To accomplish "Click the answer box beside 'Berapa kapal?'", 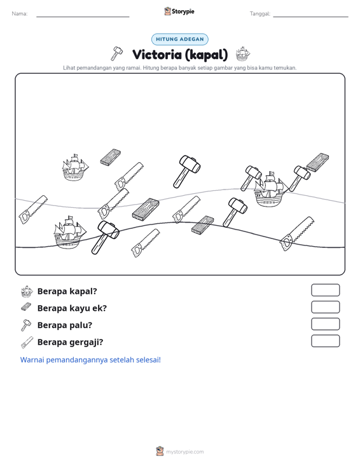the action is tap(325, 290).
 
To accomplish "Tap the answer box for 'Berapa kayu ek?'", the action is tap(325, 307).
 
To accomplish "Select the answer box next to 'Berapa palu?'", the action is tap(325, 324).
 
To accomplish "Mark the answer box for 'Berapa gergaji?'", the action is tap(325, 341).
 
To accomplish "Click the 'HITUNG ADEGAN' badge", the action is tap(180, 39).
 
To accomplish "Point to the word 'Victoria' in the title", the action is tap(156, 55).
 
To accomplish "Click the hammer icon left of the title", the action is tap(116, 53).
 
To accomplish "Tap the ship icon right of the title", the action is tap(243, 54).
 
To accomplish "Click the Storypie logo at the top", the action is tap(179, 11).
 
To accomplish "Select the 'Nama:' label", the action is tap(20, 14).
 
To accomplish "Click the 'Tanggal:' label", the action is tap(260, 14).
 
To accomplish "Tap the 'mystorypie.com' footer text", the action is tap(184, 452).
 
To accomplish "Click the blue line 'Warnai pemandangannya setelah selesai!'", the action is tap(90, 360).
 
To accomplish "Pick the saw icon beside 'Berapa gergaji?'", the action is tap(27, 343).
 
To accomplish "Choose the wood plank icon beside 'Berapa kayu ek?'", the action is tap(27, 307).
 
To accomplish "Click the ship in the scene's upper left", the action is tap(75, 167).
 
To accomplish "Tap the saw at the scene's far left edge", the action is tap(32, 210).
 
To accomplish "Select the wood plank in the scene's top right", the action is tap(317, 163).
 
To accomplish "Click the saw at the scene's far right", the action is tap(296, 234).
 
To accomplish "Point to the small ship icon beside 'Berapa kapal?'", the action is tap(27, 292).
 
